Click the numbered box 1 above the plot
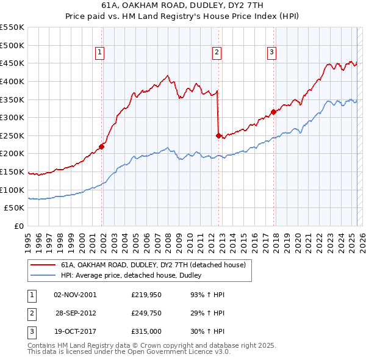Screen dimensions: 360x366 [x=99, y=52]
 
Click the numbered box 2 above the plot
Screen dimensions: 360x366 [x=217, y=52]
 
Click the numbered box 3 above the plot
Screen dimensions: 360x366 [x=271, y=52]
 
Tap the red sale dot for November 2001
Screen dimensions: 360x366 [x=102, y=146]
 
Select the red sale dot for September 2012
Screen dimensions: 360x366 [x=218, y=135]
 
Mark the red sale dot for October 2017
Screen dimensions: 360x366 [x=273, y=112]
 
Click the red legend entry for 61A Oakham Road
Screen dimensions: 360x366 [x=153, y=265]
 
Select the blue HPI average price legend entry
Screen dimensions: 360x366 [x=135, y=276]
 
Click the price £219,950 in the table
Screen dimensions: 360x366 [x=147, y=295]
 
